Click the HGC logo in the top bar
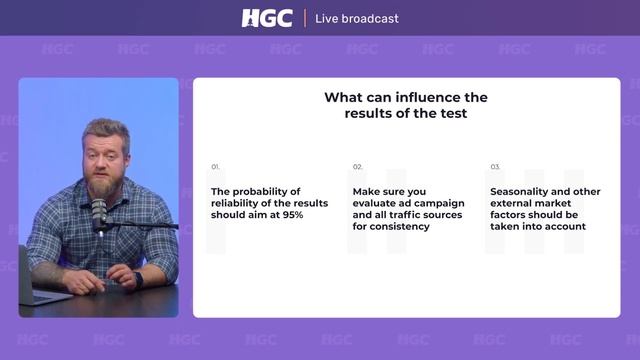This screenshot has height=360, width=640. coord(267,18)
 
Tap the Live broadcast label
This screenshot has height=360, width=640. coord(356,18)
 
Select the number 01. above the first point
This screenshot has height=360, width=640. coord(215,167)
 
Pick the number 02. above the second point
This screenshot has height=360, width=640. coord(357,167)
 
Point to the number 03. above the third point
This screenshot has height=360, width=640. coord(495,167)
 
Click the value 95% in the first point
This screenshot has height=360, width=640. coord(291,215)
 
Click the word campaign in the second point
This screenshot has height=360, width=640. coord(440,203)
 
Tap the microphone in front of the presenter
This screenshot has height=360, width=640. coord(99,212)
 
